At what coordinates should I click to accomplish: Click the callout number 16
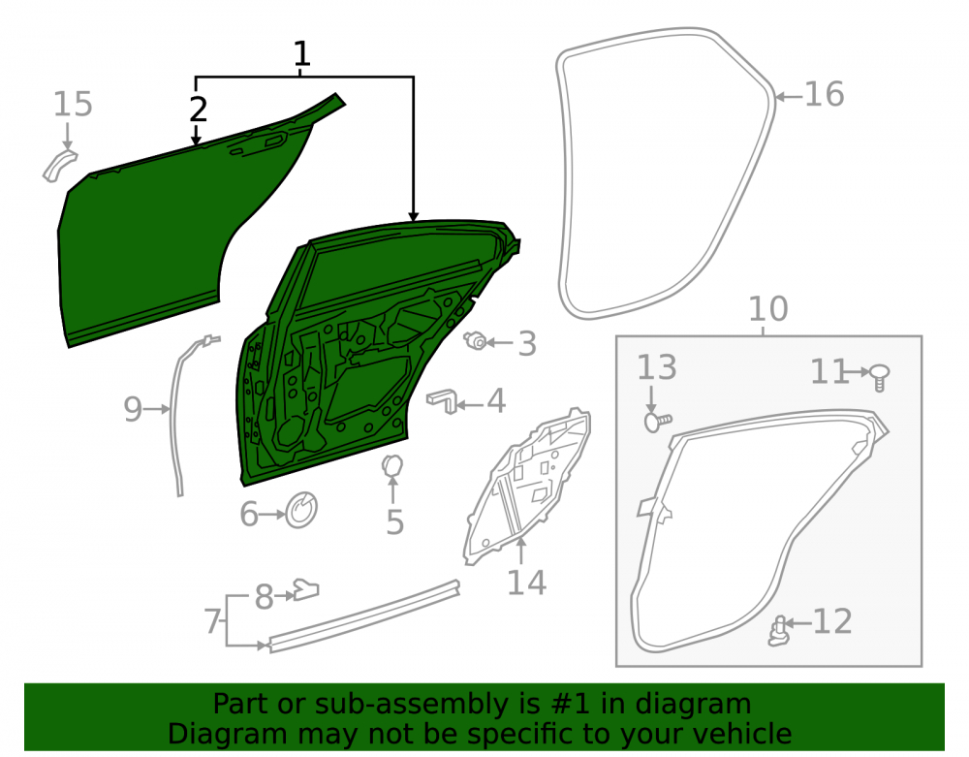[x=824, y=95]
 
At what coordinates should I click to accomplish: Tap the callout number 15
[x=73, y=104]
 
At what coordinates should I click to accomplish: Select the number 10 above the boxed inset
[x=768, y=308]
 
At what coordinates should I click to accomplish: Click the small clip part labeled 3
[x=476, y=340]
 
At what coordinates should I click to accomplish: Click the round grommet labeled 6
[x=301, y=510]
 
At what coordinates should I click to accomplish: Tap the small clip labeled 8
[x=306, y=589]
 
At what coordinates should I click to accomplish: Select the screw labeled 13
[x=657, y=422]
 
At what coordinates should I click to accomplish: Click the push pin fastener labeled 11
[x=880, y=376]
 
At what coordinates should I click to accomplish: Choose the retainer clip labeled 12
[x=779, y=631]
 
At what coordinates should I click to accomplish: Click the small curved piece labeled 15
[x=59, y=166]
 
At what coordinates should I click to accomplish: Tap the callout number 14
[x=526, y=583]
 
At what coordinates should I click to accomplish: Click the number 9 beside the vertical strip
[x=133, y=409]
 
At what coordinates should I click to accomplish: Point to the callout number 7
[x=212, y=621]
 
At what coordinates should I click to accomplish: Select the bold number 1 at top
[x=301, y=53]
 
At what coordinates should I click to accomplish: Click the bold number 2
[x=198, y=110]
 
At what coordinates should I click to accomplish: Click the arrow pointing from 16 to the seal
[x=789, y=96]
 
